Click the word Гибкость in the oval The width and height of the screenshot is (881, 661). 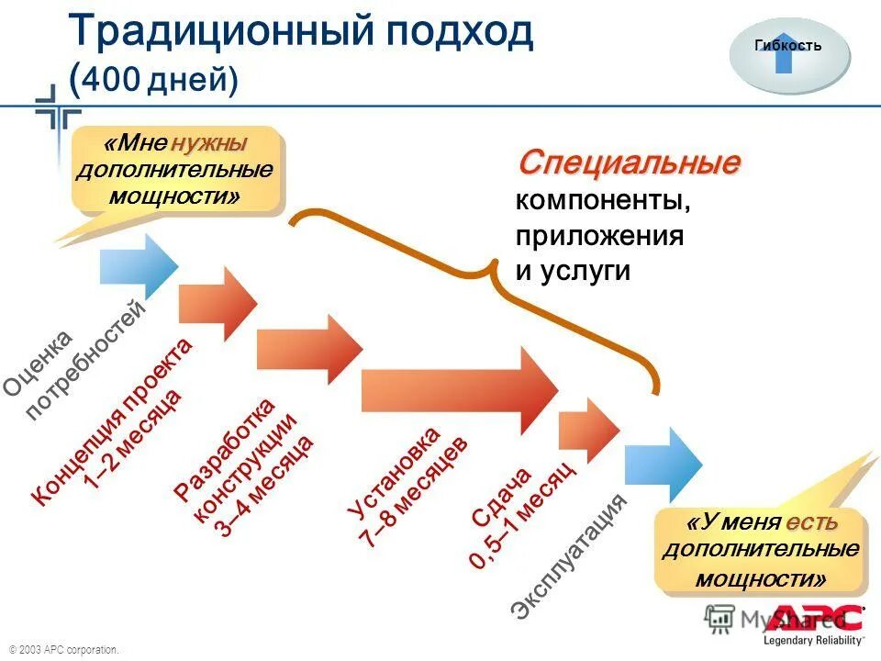point(787,43)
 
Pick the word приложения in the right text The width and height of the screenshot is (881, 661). point(599,235)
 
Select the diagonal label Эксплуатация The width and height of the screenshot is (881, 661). point(571,555)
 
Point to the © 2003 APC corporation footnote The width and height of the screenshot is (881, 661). point(64,650)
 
